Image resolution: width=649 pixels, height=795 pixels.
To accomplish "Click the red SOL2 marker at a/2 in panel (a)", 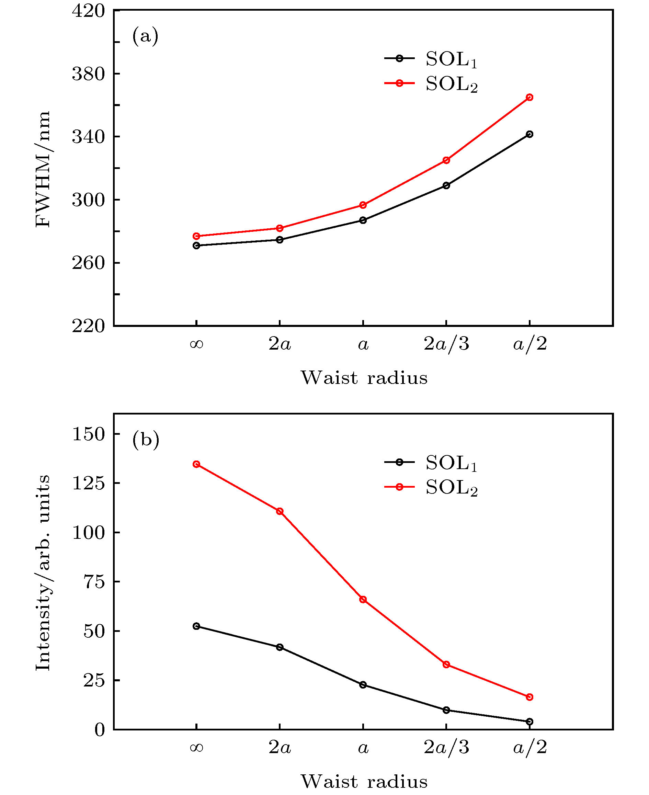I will (x=530, y=97).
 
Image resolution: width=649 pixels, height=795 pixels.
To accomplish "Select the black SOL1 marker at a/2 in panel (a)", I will (x=530, y=134).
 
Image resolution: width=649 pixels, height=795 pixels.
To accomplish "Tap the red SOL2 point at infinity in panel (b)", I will (x=196, y=464).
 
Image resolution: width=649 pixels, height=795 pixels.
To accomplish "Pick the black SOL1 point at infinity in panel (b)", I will (x=196, y=626).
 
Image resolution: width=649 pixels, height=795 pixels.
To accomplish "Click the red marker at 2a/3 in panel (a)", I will (x=446, y=160).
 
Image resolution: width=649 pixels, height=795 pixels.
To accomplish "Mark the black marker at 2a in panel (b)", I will (x=280, y=647).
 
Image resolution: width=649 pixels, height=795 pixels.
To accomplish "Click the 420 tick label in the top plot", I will (x=89, y=11).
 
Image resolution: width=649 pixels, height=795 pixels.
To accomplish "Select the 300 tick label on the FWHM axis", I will (x=89, y=201).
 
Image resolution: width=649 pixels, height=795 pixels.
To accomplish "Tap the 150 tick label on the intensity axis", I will (x=89, y=434).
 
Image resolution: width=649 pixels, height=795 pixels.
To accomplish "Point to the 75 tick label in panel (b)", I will (x=94, y=582).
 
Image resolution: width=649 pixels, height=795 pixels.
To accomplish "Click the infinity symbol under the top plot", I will (x=196, y=344).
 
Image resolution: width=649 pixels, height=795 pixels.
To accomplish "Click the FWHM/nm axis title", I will (x=43, y=169).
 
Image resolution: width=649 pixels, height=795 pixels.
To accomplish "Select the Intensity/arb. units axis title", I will (x=43, y=572).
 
